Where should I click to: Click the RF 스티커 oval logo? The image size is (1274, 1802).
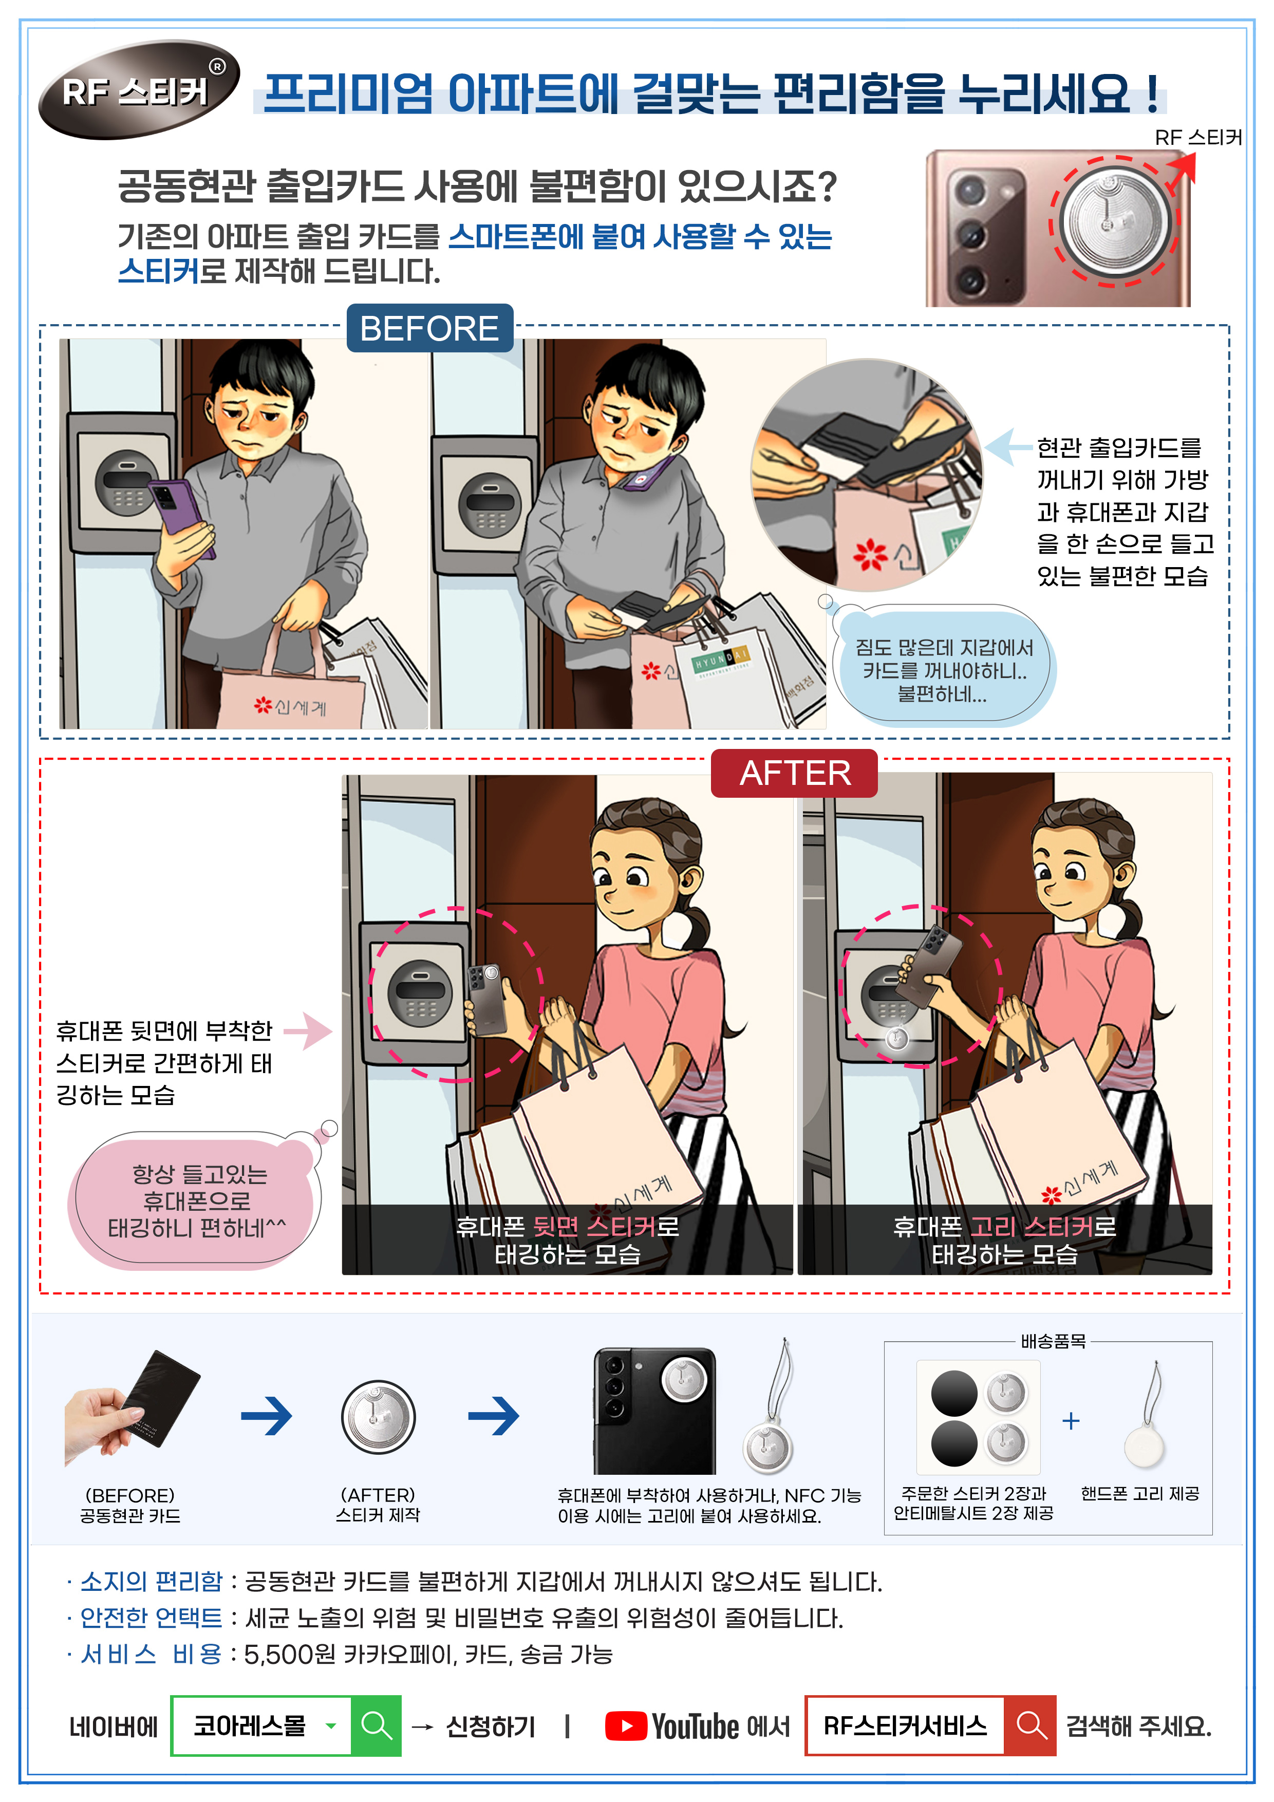coord(138,90)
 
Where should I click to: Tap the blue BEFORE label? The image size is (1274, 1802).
coord(429,328)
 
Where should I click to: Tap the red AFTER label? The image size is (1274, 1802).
coord(794,773)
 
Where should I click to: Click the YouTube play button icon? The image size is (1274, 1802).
coord(626,1726)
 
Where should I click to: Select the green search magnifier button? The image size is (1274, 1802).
coord(376,1726)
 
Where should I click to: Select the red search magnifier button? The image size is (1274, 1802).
coord(1030,1726)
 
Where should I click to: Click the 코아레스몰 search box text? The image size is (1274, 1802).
coord(250,1725)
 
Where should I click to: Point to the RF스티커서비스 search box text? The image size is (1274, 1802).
coord(904,1725)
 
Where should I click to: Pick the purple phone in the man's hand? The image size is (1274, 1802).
coord(182,516)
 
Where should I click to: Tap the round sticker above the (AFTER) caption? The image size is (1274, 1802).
coord(379,1417)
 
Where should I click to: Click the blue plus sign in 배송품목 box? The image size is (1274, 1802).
coord(1071,1420)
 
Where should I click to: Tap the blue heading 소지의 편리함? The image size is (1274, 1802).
coord(152,1582)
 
